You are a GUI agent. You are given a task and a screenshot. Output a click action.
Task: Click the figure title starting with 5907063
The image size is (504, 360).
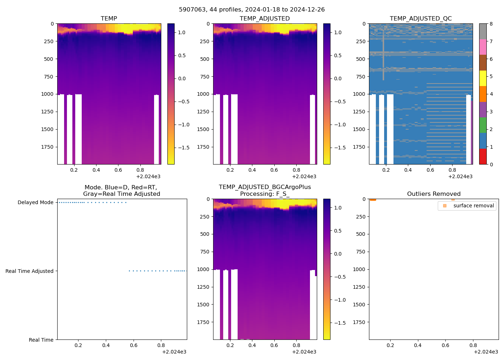pyautogui.click(x=252, y=9)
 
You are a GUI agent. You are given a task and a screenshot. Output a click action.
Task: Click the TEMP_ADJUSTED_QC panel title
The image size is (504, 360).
pyautogui.click(x=420, y=18)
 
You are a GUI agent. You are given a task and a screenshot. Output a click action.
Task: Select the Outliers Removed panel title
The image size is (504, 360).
pyautogui.click(x=433, y=194)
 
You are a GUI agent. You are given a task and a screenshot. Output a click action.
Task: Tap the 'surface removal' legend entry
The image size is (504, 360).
pyautogui.click(x=473, y=206)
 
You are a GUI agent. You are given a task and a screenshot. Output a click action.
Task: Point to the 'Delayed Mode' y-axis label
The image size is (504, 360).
pyautogui.click(x=35, y=202)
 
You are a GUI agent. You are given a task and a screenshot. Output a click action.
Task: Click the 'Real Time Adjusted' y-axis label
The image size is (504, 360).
pyautogui.click(x=29, y=271)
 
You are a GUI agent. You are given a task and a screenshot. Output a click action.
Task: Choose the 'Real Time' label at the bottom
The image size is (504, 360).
pyautogui.click(x=41, y=340)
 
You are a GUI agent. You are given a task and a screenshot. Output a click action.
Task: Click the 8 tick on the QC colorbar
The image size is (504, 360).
pyautogui.click(x=491, y=24)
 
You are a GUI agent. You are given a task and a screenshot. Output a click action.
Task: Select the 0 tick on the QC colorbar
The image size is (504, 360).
pyautogui.click(x=491, y=164)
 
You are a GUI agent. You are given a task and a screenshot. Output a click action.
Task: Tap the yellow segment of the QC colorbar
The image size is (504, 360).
pyautogui.click(x=483, y=78)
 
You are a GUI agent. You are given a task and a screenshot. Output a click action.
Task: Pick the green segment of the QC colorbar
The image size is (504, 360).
pyautogui.click(x=483, y=125)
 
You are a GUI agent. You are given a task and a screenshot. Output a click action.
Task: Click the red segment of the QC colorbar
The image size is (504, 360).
pyautogui.click(x=483, y=157)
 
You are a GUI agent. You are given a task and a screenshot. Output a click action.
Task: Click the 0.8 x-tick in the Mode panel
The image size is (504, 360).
pyautogui.click(x=161, y=345)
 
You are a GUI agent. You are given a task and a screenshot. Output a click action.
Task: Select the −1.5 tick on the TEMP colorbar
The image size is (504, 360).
pyautogui.click(x=184, y=148)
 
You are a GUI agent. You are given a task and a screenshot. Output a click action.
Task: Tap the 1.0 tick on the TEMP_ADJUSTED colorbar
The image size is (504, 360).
pyautogui.click(x=338, y=32)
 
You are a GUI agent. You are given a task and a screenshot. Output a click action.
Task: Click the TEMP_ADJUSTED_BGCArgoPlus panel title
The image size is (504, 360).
pyautogui.click(x=265, y=190)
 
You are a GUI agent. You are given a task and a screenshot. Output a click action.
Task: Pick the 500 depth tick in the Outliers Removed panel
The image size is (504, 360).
pyautogui.click(x=360, y=234)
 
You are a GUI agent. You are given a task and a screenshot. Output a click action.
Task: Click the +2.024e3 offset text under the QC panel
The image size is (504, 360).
pyautogui.click(x=460, y=176)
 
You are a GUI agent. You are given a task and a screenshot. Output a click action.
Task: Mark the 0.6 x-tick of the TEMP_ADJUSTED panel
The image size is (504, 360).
pyautogui.click(x=274, y=170)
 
